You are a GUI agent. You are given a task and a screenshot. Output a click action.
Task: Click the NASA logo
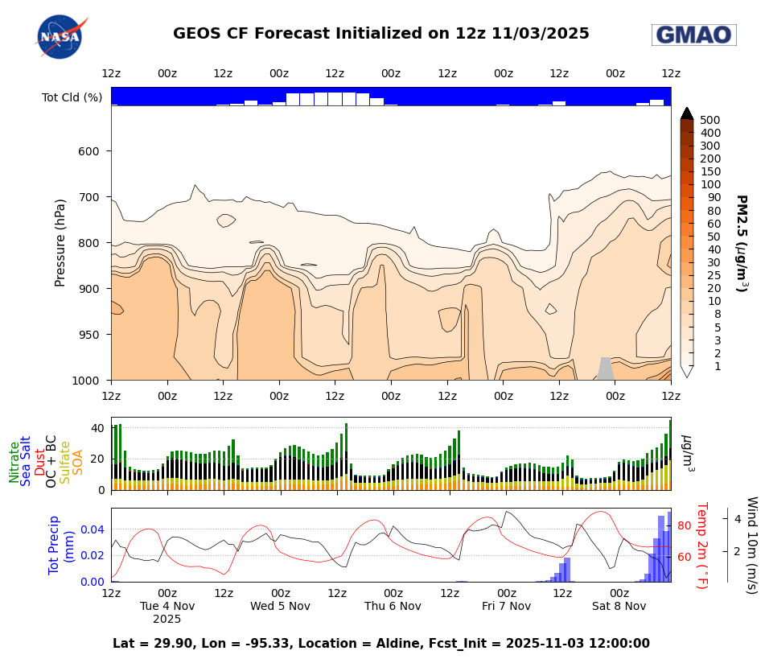(60, 36)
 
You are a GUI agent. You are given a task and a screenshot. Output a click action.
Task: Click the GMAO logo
(693, 35)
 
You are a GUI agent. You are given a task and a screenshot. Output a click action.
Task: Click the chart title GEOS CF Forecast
(380, 34)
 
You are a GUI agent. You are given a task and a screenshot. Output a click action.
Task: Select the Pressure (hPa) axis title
(60, 243)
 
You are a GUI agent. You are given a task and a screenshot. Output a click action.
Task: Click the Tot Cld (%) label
(72, 97)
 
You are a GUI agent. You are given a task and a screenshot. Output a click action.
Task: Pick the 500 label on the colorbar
(709, 120)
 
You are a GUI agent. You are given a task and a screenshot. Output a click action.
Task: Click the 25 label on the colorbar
(709, 275)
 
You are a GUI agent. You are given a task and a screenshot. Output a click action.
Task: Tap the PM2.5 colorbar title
(741, 243)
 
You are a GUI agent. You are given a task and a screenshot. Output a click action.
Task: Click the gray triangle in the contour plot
(605, 370)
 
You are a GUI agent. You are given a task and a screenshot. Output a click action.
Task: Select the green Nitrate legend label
(14, 462)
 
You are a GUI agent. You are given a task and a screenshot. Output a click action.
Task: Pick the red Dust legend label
(39, 462)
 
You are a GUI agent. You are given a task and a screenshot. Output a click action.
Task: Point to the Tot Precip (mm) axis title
(61, 545)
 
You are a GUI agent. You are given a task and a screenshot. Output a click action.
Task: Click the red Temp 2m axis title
(701, 545)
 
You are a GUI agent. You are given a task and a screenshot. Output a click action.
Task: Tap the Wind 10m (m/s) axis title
(751, 545)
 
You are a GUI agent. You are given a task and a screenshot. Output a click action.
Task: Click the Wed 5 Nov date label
(279, 606)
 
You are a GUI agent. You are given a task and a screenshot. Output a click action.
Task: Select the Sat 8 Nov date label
(619, 606)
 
